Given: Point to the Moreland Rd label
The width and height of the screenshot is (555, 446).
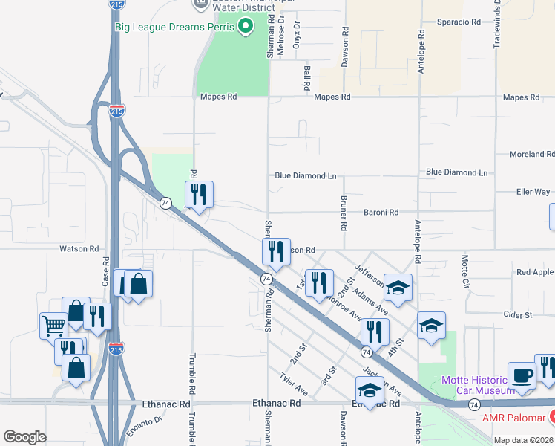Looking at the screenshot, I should pyautogui.click(x=531, y=155).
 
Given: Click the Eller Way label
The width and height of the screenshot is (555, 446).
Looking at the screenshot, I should pyautogui.click(x=533, y=192).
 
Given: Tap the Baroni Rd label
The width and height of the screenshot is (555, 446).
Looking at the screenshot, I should pyautogui.click(x=381, y=212).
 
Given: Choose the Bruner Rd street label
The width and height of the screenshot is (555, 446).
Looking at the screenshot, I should pyautogui.click(x=344, y=212).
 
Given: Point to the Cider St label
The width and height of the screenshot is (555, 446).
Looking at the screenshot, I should pyautogui.click(x=519, y=315).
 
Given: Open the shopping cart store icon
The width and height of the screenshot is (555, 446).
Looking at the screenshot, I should pyautogui.click(x=53, y=325).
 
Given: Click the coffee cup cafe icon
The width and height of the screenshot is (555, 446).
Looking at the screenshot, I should pyautogui.click(x=522, y=375).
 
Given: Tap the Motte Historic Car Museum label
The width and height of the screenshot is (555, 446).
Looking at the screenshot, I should pyautogui.click(x=477, y=384).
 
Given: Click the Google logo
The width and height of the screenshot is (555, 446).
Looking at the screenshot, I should pyautogui.click(x=24, y=437).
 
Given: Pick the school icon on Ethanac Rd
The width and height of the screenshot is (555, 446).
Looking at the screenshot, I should pyautogui.click(x=369, y=390).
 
